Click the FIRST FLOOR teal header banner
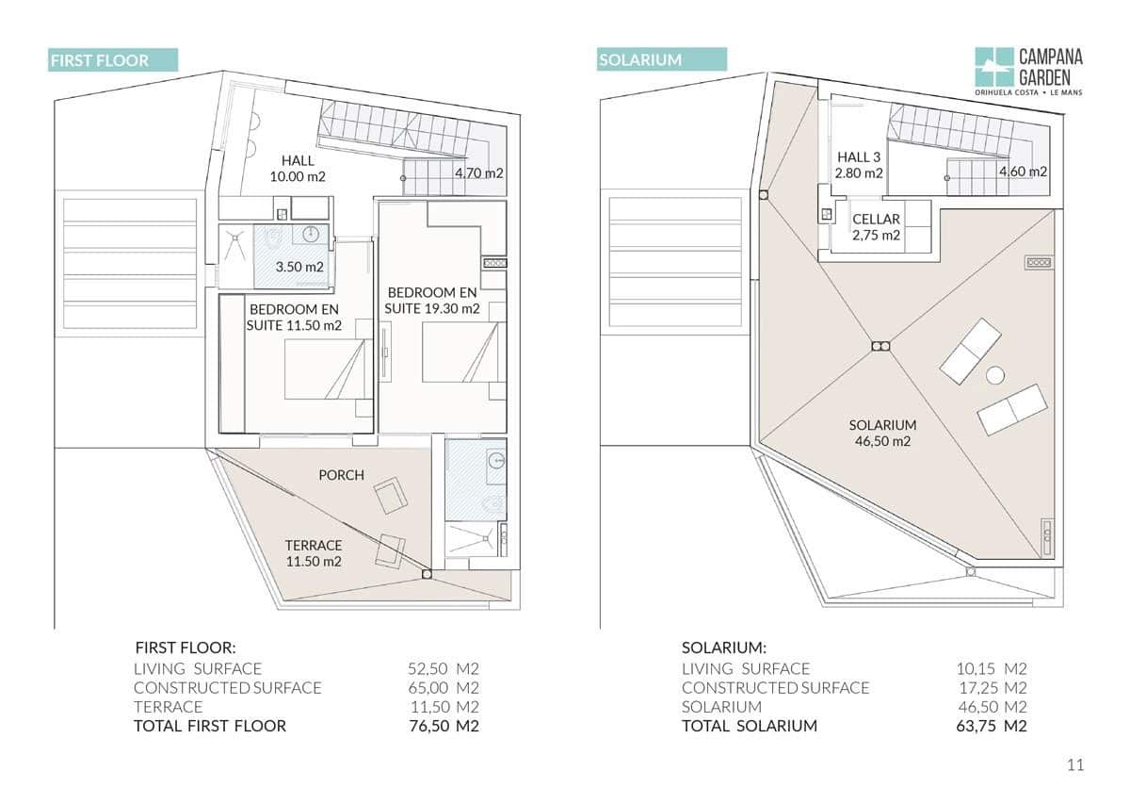(x=113, y=60)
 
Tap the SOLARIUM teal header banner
(x=662, y=59)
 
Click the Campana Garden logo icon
(x=993, y=67)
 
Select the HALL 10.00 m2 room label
(x=298, y=169)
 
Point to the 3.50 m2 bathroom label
(x=299, y=267)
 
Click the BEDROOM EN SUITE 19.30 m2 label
(x=432, y=301)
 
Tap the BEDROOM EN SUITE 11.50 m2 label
(x=294, y=317)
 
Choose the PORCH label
(x=342, y=475)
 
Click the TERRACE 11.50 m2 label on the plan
(x=314, y=553)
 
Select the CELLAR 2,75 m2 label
(x=877, y=227)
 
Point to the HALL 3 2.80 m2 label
(x=859, y=165)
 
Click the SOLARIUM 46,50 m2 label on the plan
(x=883, y=433)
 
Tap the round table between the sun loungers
(x=994, y=375)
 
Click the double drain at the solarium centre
(x=880, y=347)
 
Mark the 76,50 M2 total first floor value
(x=444, y=726)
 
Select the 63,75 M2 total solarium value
(x=992, y=726)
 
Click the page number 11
(x=1075, y=765)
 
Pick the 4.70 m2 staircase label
(x=479, y=173)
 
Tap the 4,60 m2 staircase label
(x=1023, y=172)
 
